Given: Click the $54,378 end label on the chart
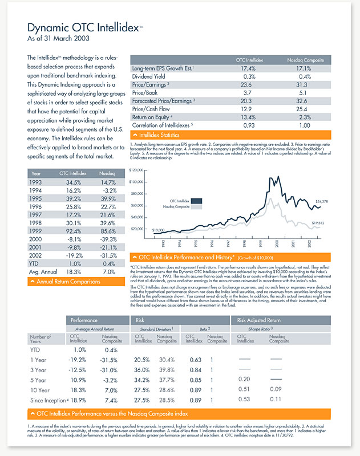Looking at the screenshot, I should [x=323, y=202].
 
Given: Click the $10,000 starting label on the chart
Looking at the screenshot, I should [x=159, y=229].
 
